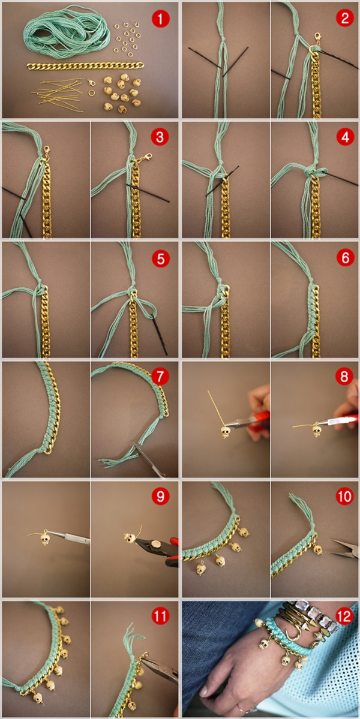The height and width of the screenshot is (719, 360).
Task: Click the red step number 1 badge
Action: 161,19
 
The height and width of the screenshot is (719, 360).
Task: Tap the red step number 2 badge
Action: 345,19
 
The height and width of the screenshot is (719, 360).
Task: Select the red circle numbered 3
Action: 160,137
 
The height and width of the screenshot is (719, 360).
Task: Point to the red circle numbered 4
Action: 345,137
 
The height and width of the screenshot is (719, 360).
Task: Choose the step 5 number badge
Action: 161,258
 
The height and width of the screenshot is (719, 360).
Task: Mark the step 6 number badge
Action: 345,258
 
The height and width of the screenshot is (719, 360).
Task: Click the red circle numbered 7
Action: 161,377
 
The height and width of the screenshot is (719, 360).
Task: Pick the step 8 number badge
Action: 345,377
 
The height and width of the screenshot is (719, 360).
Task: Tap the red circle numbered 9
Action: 161,496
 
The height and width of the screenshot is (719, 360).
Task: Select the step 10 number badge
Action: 345,496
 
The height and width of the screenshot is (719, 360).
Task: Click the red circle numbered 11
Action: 161,616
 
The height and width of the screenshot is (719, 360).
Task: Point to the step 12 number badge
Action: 345,616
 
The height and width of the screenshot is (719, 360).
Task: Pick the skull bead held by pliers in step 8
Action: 225,432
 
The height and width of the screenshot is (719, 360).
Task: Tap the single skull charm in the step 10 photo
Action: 317,549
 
